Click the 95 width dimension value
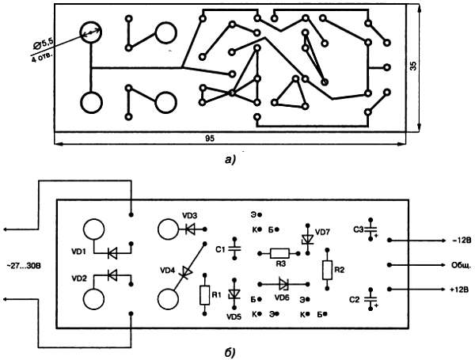tap(210, 138)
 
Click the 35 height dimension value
tap(413, 66)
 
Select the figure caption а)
tap(230, 159)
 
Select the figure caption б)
tap(230, 352)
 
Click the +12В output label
tap(459, 290)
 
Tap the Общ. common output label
tap(461, 265)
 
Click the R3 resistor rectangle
tap(279, 253)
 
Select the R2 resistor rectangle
tap(327, 270)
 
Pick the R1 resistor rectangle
tap(205, 295)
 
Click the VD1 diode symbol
tap(112, 253)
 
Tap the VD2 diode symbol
tap(112, 275)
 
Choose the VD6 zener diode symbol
tap(284, 284)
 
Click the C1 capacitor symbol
tap(234, 248)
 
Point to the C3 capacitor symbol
tap(370, 229)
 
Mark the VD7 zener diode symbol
tap(308, 240)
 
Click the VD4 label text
tap(168, 270)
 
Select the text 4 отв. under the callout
tap(41, 58)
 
